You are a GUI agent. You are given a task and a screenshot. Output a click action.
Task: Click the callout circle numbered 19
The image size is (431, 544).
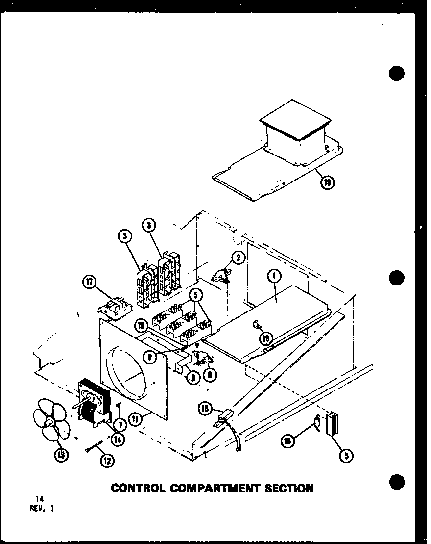click(x=328, y=183)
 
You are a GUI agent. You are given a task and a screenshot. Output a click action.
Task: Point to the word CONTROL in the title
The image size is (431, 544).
click(x=138, y=488)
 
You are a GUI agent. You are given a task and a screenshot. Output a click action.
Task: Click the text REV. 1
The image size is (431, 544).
click(x=42, y=508)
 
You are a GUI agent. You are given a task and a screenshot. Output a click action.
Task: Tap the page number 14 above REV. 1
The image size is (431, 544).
click(x=32, y=499)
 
